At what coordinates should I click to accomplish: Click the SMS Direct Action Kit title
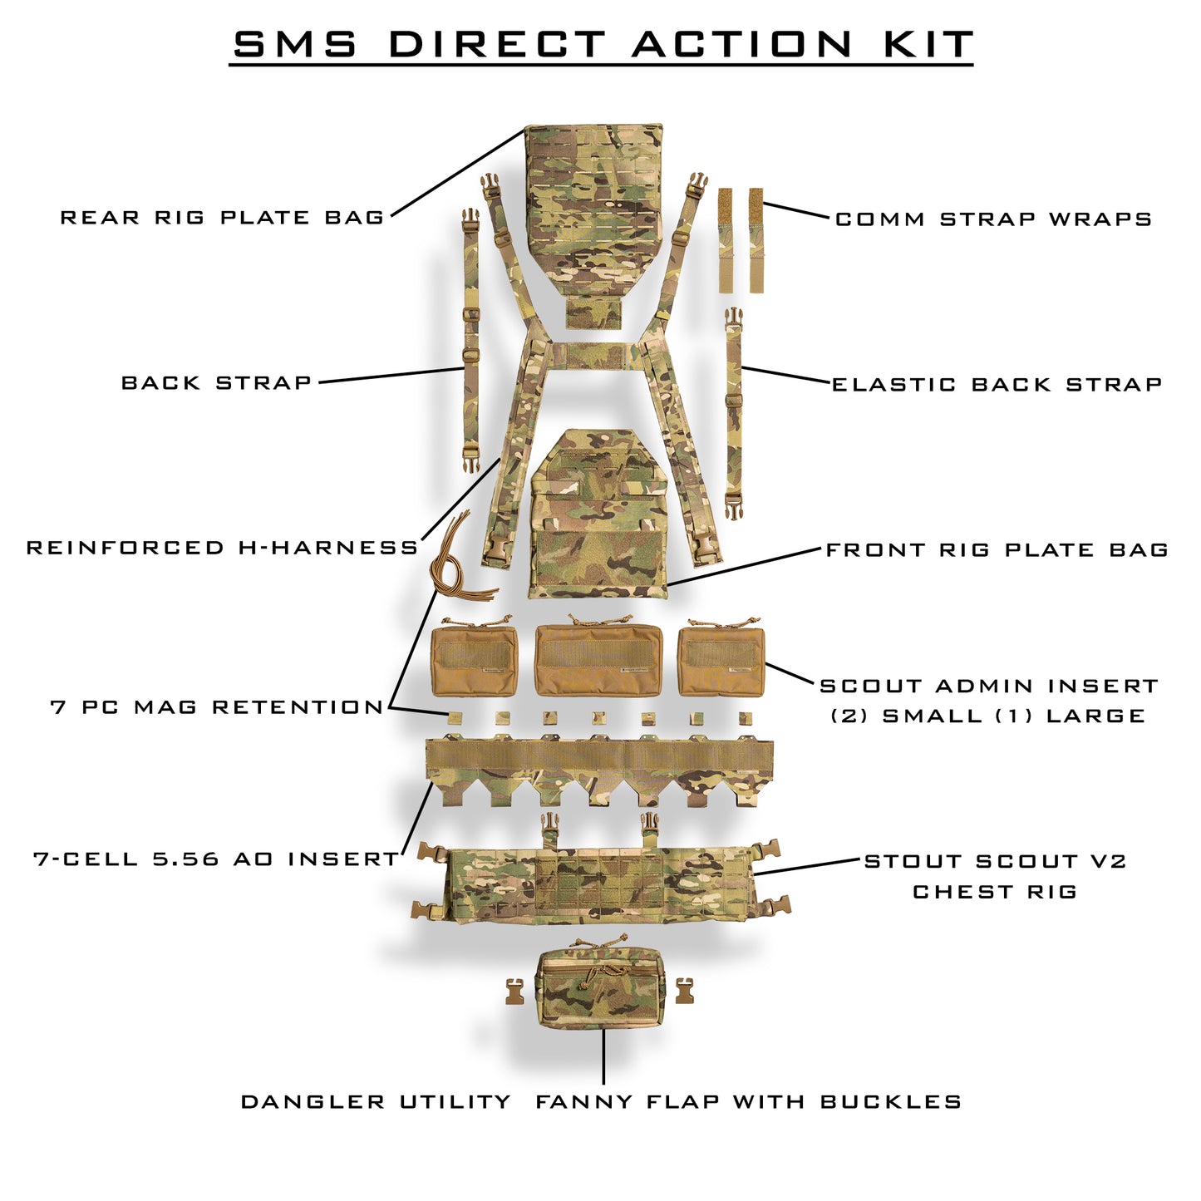[601, 45]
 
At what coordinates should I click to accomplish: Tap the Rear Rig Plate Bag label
[222, 218]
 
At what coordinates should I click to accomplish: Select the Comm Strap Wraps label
[993, 219]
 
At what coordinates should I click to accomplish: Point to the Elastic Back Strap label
[997, 385]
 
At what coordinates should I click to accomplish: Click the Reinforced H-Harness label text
[222, 549]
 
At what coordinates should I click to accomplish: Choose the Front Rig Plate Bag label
[997, 550]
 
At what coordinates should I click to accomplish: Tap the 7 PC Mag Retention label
[217, 708]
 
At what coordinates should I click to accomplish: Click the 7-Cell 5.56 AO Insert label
[216, 859]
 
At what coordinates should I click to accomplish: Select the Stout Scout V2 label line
[995, 862]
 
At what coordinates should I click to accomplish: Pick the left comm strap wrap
[726, 240]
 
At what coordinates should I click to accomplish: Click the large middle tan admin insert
[598, 661]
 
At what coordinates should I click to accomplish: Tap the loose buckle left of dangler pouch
[516, 992]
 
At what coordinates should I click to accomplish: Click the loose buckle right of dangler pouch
[684, 991]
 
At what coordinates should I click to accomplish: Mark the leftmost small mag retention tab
[454, 717]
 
